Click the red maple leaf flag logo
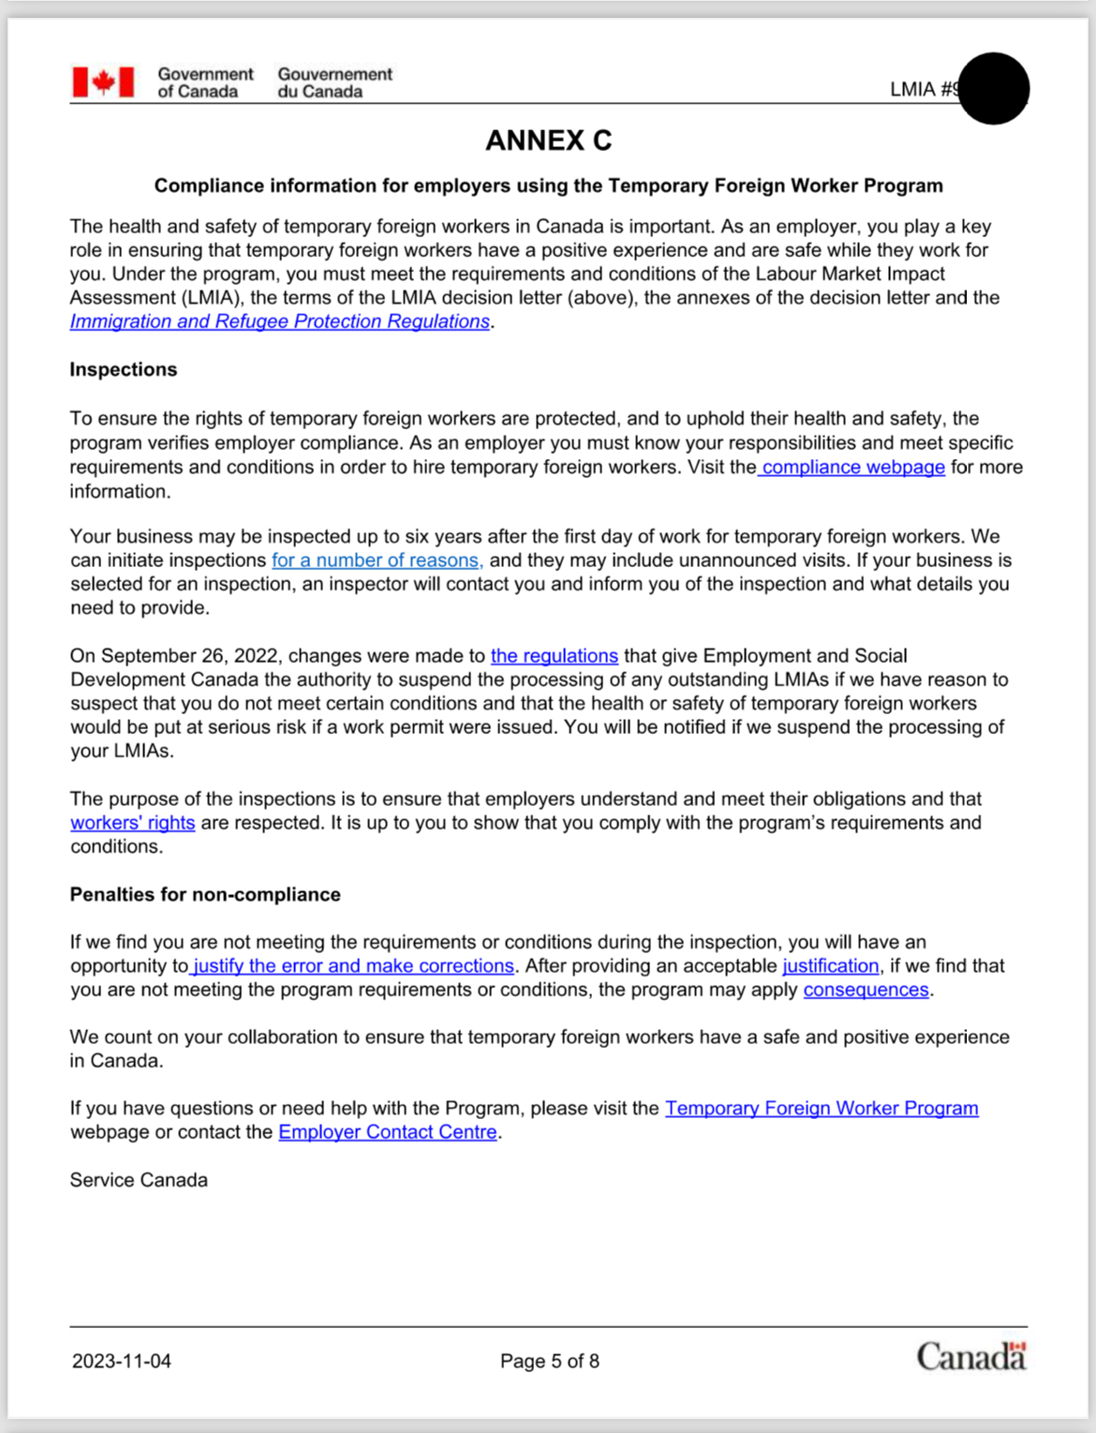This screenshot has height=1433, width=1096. point(103,82)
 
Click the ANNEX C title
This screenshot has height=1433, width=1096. point(548,141)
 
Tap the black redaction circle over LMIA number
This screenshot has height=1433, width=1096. point(994,88)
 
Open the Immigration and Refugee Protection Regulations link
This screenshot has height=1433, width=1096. point(280,321)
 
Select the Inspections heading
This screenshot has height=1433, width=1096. point(123,369)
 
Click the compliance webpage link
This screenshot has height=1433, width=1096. point(852,467)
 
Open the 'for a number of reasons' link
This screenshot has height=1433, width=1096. point(377,560)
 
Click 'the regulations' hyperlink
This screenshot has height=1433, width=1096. point(554,656)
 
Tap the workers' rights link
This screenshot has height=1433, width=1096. point(132,823)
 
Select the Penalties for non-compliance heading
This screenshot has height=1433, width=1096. point(205,894)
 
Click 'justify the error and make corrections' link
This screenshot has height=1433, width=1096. point(353,966)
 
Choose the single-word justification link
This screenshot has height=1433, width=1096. point(830,966)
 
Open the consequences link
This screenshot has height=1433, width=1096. point(866,991)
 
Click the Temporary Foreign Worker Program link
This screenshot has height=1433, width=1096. point(822,1109)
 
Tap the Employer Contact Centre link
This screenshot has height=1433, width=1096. point(387,1132)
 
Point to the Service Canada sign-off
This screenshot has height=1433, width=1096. point(139,1180)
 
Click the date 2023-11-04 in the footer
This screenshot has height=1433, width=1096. point(122,1361)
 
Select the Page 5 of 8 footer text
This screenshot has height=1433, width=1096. point(549,1361)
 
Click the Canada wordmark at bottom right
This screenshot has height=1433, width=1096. point(970,1357)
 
